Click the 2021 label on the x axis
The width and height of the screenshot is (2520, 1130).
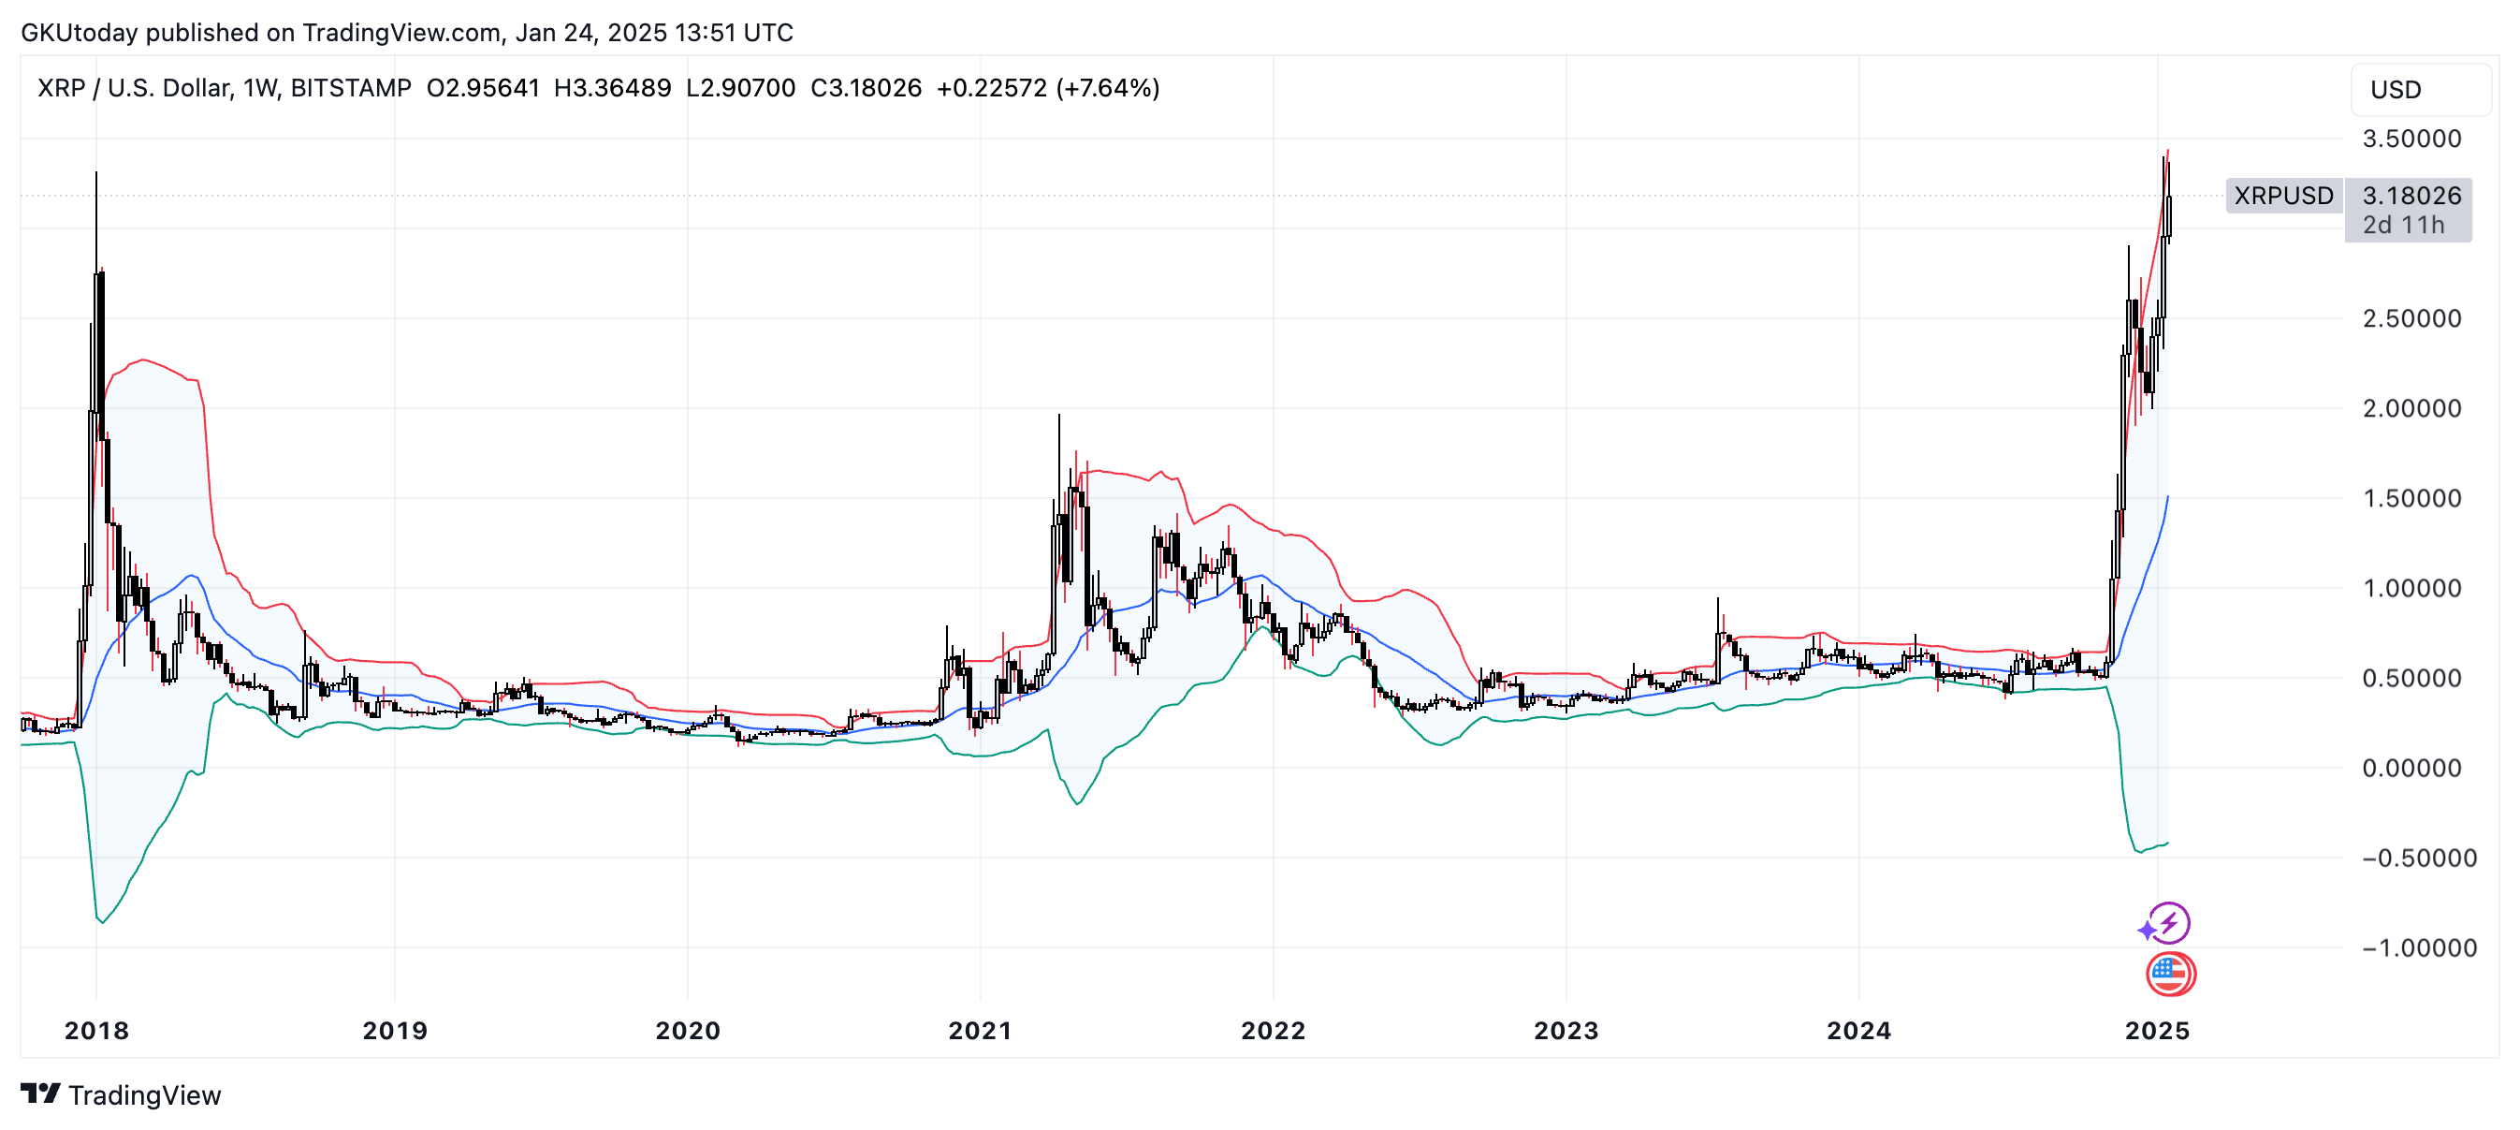[x=981, y=1030]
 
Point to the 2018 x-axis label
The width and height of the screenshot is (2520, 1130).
[x=96, y=1030]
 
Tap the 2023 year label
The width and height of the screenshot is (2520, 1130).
[x=1566, y=1030]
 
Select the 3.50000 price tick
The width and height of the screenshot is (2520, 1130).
[x=2411, y=139]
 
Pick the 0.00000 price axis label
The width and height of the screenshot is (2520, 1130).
[x=2411, y=768]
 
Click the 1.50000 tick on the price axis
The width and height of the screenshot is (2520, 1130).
[x=2411, y=498]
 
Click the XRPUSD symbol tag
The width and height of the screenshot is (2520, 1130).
[x=2284, y=196]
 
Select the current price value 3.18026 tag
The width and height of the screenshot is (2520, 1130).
[x=2411, y=196]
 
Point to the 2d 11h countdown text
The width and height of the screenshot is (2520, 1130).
[x=2404, y=225]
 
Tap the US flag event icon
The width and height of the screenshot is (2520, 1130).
[x=2171, y=974]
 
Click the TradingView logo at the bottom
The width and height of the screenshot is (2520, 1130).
[x=122, y=1094]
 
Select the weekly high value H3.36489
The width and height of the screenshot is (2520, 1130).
[x=612, y=88]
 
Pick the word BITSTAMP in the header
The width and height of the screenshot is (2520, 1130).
[x=351, y=88]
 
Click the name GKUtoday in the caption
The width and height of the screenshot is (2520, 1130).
[x=80, y=34]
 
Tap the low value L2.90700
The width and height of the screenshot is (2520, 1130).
[x=740, y=88]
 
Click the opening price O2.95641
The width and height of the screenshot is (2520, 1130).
[x=483, y=88]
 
